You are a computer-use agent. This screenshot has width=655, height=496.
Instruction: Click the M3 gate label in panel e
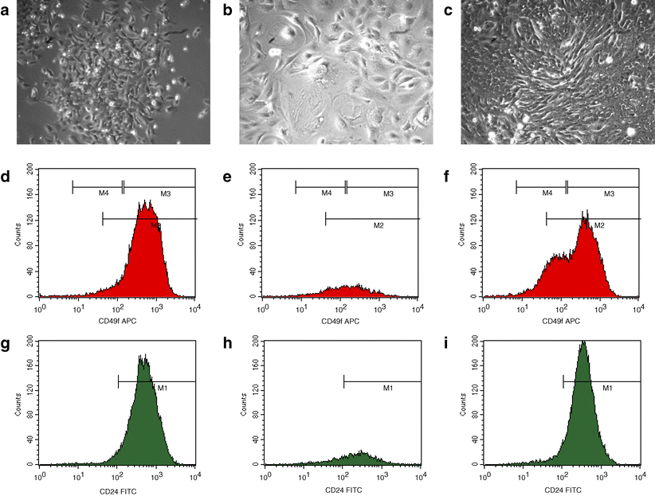(x=388, y=193)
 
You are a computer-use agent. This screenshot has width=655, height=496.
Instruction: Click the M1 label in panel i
(x=606, y=389)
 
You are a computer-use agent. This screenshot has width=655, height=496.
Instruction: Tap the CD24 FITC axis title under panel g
(x=116, y=487)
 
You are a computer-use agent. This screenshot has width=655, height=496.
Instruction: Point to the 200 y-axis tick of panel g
(x=29, y=338)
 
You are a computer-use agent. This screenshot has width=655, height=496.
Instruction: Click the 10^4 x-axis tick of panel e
(x=418, y=307)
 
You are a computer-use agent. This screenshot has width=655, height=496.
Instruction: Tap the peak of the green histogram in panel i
(x=582, y=342)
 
